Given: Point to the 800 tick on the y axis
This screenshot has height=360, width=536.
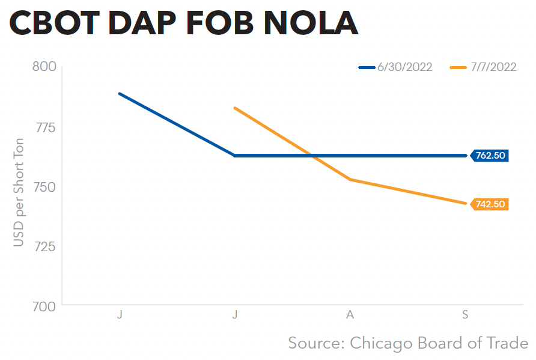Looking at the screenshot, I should coord(43,66).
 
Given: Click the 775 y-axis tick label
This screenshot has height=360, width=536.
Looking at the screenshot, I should coord(43,127).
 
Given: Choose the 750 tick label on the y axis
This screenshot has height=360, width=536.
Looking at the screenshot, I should coord(43,187).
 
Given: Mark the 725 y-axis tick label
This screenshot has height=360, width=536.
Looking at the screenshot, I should coord(43,246).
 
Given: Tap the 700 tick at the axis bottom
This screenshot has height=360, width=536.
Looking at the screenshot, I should coord(43,307).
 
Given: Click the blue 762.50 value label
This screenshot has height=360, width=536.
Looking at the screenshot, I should coord(490,156).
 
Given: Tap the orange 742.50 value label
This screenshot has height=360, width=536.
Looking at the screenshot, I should coord(490,204).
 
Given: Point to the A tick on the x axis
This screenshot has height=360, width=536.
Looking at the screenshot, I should coord(350,315).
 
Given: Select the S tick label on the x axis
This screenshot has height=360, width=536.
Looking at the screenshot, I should coord(466,315).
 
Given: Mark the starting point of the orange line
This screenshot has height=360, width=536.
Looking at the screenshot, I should coord(235,108).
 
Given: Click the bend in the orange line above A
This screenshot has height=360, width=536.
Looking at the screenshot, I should coord(350,179).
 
